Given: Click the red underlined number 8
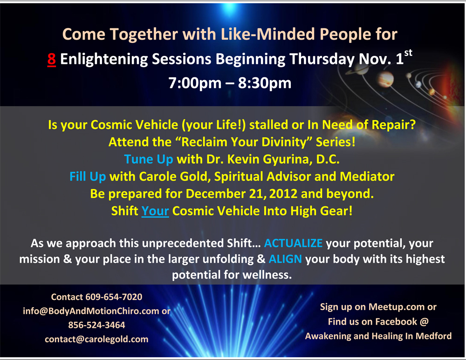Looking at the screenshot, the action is [x=51, y=59].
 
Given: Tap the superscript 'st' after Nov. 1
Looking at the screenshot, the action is [x=408, y=53].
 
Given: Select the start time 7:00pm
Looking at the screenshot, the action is [x=195, y=83].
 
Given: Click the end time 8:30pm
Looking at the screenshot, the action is [x=265, y=83].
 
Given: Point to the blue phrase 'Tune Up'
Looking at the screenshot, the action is [x=148, y=159].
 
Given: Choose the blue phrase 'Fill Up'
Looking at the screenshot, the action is [x=88, y=177].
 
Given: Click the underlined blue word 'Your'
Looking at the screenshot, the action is [x=155, y=211].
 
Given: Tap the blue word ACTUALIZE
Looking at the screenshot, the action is [x=293, y=243].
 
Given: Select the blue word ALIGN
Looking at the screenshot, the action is [x=285, y=259].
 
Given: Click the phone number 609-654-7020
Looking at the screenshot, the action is [x=114, y=297].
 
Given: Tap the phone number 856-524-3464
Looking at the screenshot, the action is [x=96, y=325].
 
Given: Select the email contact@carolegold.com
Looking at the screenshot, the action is [x=96, y=339].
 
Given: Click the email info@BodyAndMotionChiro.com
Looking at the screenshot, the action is [x=91, y=311].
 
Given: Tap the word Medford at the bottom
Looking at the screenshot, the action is [x=433, y=336].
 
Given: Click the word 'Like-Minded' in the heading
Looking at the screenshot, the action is [x=268, y=34].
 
